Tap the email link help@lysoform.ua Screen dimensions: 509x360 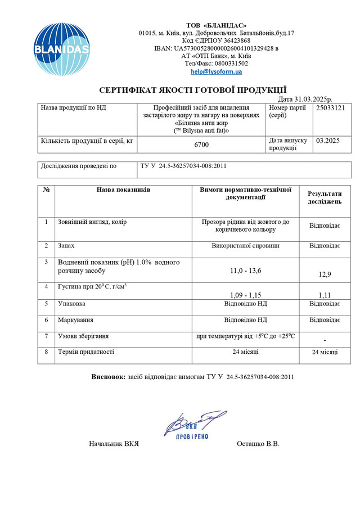click(x=216, y=71)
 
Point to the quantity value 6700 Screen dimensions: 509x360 click(x=201, y=145)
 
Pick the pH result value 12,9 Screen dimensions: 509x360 click(x=325, y=274)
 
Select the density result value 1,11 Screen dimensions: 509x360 click(x=325, y=295)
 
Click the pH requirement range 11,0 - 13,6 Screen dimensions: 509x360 click(x=246, y=271)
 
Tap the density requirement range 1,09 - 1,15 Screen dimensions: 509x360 click(x=246, y=295)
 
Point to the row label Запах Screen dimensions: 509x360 click(x=66, y=246)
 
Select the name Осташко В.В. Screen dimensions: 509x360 click(x=258, y=444)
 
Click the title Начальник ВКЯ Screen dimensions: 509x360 click(x=114, y=444)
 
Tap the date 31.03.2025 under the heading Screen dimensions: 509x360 click(x=309, y=98)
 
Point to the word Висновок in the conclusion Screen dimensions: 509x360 click(x=109, y=376)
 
